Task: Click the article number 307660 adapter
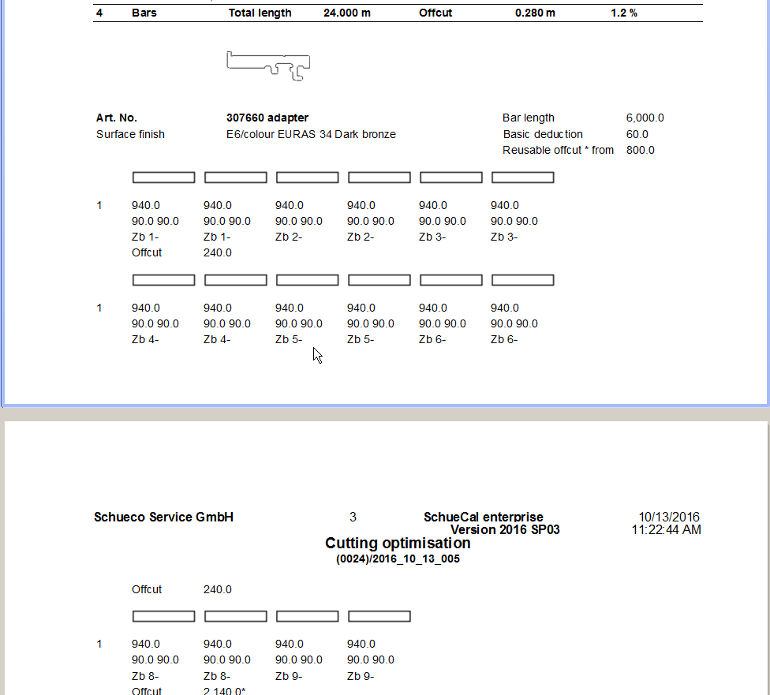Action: tap(267, 118)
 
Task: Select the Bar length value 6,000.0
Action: tap(645, 118)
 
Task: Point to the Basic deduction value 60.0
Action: tap(637, 134)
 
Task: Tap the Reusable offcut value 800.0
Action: tap(640, 150)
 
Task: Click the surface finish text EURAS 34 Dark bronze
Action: tap(311, 134)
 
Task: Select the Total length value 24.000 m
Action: tap(346, 13)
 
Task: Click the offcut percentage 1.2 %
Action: tap(623, 13)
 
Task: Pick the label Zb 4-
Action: tap(145, 339)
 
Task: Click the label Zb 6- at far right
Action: tap(504, 339)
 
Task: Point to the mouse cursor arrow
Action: tap(316, 355)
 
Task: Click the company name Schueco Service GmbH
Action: tap(163, 518)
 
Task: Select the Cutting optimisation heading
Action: tap(398, 543)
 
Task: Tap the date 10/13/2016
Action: tap(670, 518)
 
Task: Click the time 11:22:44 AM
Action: tap(666, 529)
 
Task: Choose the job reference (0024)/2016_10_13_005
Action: tap(398, 559)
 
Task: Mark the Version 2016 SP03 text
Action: tap(505, 529)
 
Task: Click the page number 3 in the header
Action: tap(353, 518)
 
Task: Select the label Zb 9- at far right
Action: tap(361, 675)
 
